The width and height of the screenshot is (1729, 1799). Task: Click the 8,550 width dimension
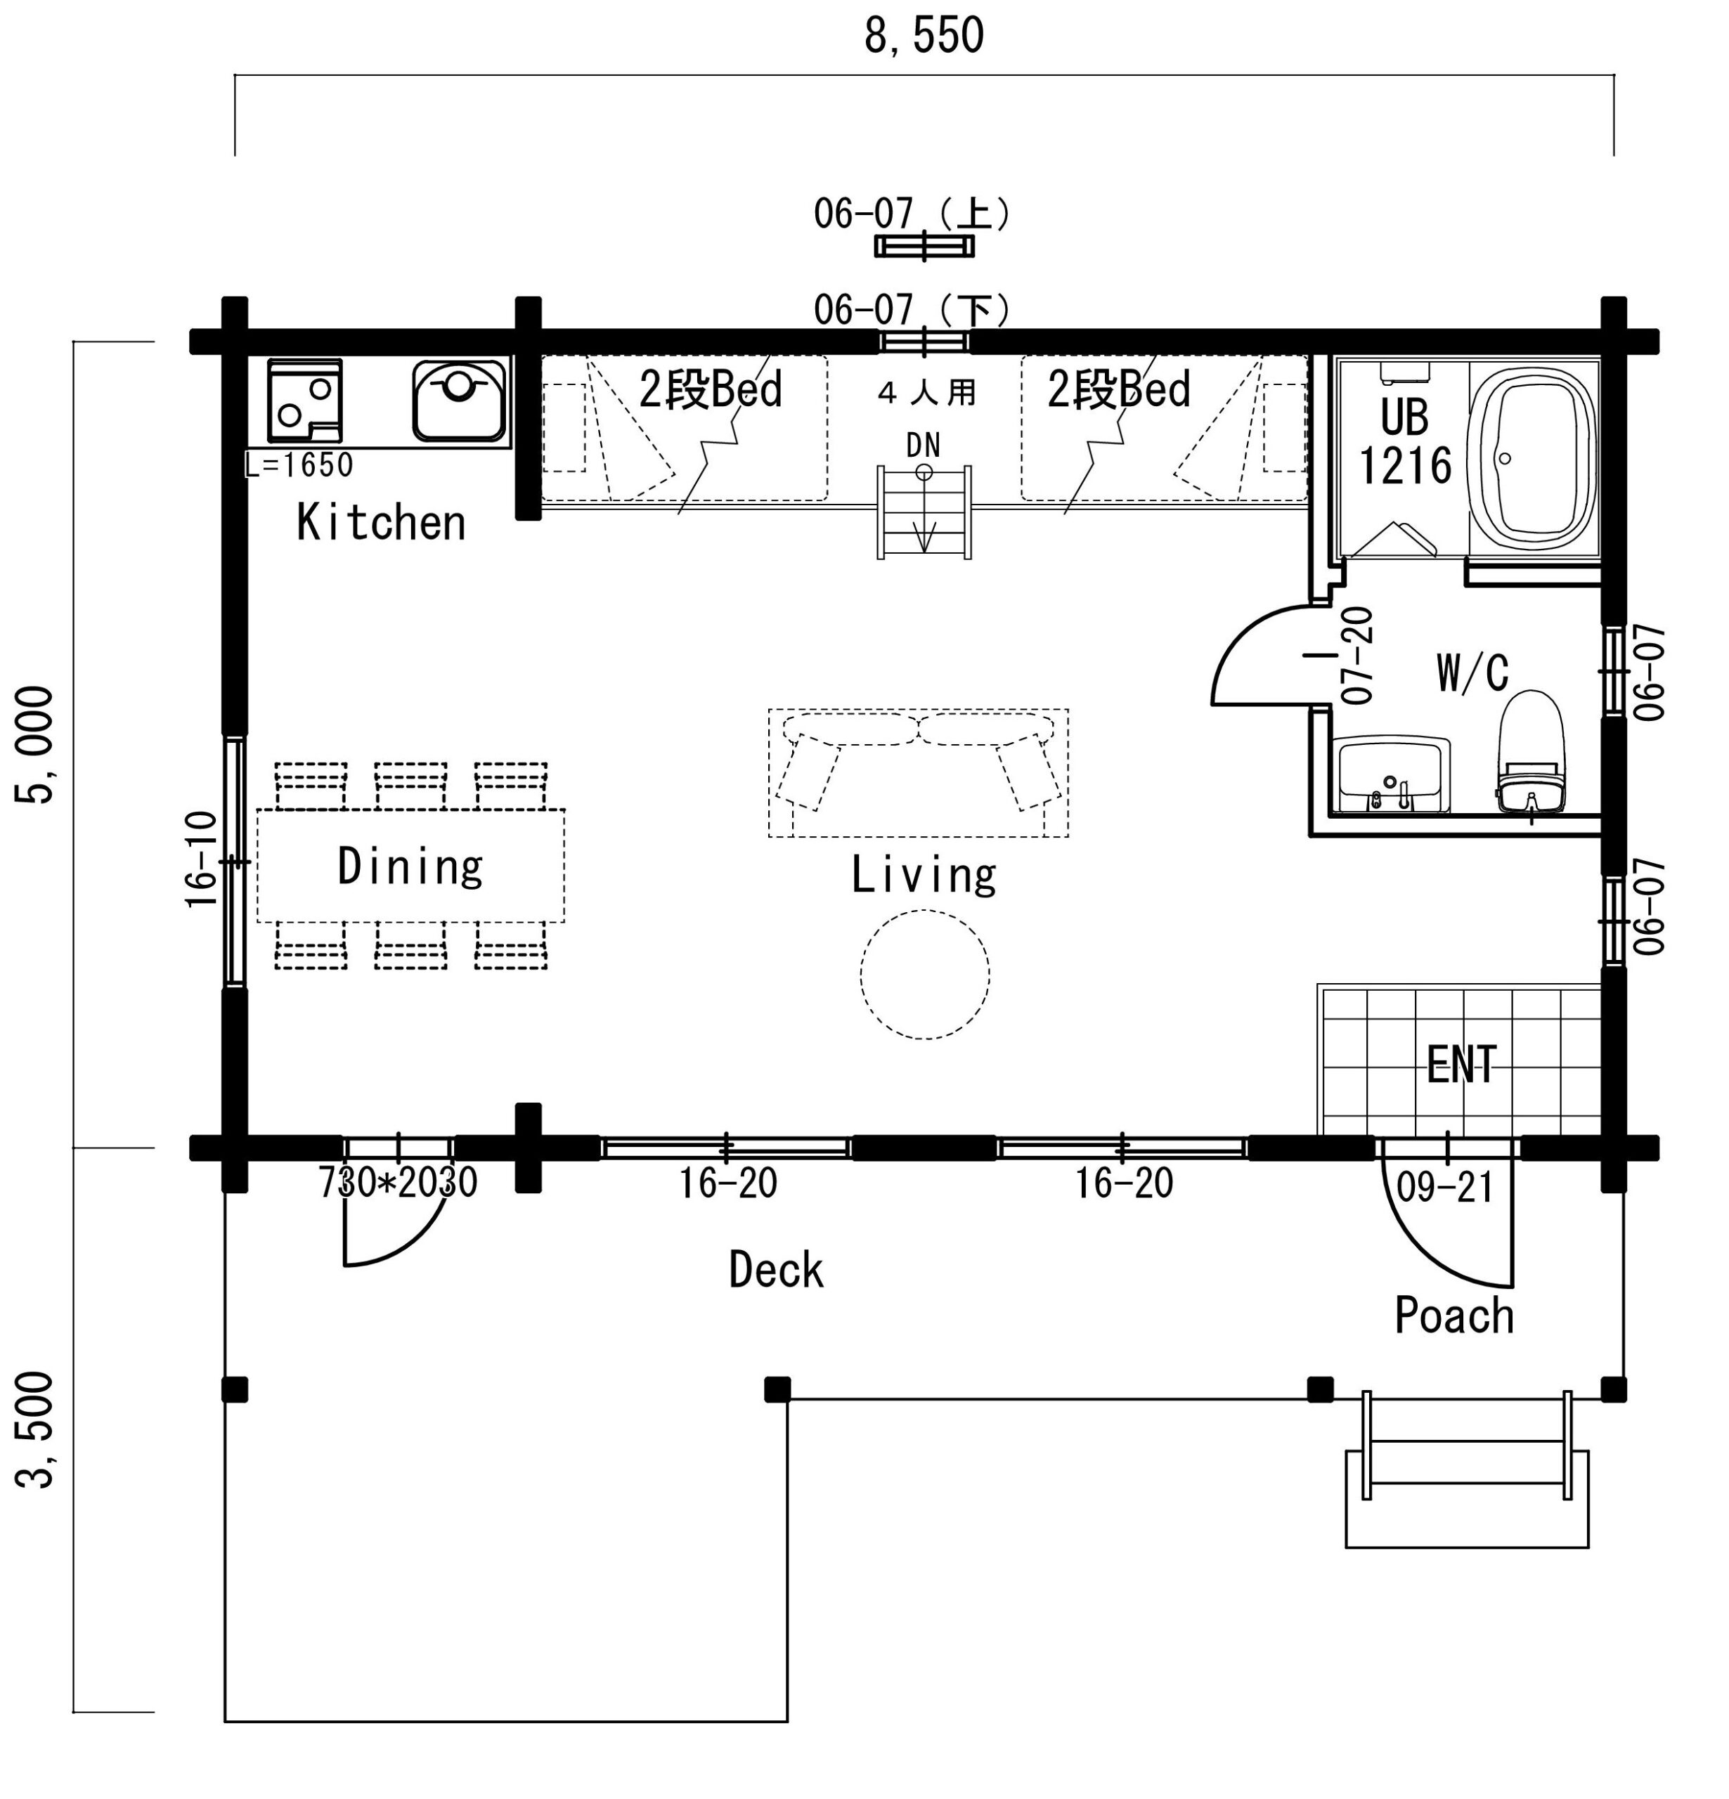[x=924, y=36]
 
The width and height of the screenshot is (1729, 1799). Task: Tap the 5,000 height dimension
[x=35, y=744]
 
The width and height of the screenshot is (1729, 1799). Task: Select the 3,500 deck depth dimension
[x=35, y=1429]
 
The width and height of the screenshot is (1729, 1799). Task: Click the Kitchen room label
[x=381, y=522]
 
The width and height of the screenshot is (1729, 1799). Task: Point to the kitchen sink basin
[x=458, y=400]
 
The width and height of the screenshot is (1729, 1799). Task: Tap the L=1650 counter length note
[x=299, y=465]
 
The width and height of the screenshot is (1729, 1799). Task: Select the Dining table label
[x=410, y=866]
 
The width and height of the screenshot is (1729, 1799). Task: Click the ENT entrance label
[x=1462, y=1065]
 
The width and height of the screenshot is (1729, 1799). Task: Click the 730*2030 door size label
[x=398, y=1182]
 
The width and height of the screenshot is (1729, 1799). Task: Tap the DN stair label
[x=923, y=445]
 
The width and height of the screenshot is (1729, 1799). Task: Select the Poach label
[x=1453, y=1316]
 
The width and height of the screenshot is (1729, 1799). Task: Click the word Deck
[x=776, y=1271]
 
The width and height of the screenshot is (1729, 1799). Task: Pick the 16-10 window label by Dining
[x=201, y=859]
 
